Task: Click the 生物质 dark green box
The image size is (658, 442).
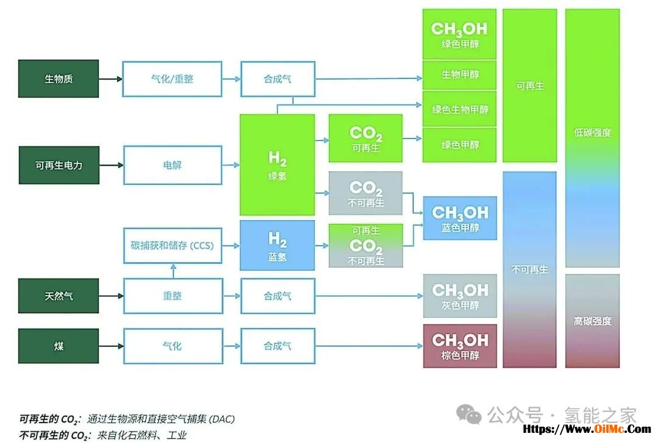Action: point(58,79)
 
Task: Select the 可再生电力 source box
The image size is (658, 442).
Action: point(58,165)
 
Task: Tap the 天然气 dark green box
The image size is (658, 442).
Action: point(58,296)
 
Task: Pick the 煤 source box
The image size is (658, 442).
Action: point(58,346)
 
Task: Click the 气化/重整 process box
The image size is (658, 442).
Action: point(172,79)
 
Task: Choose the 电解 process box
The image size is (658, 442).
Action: point(172,165)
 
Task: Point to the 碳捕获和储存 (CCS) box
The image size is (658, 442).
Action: point(172,246)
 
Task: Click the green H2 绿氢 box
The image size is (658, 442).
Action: point(277,165)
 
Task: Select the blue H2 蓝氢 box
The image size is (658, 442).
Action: point(277,246)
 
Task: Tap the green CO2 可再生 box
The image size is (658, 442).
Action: point(366,138)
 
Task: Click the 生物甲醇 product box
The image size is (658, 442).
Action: point(460,75)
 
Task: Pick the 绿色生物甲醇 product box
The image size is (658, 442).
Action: point(460,109)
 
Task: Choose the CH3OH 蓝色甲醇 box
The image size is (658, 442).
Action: point(460,218)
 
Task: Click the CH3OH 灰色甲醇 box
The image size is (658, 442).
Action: point(460,296)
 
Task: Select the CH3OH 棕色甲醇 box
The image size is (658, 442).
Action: point(460,346)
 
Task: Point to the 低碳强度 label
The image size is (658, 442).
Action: point(592,132)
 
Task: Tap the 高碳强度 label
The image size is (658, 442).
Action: point(592,321)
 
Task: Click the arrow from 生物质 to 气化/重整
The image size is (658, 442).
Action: point(111,79)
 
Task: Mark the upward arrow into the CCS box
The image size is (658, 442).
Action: point(172,270)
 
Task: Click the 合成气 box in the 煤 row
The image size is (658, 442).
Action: point(278,346)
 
